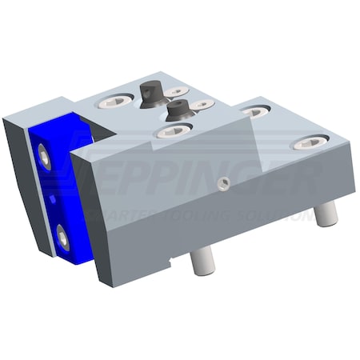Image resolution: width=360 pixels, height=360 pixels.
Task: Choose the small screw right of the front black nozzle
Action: [x=203, y=104]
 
